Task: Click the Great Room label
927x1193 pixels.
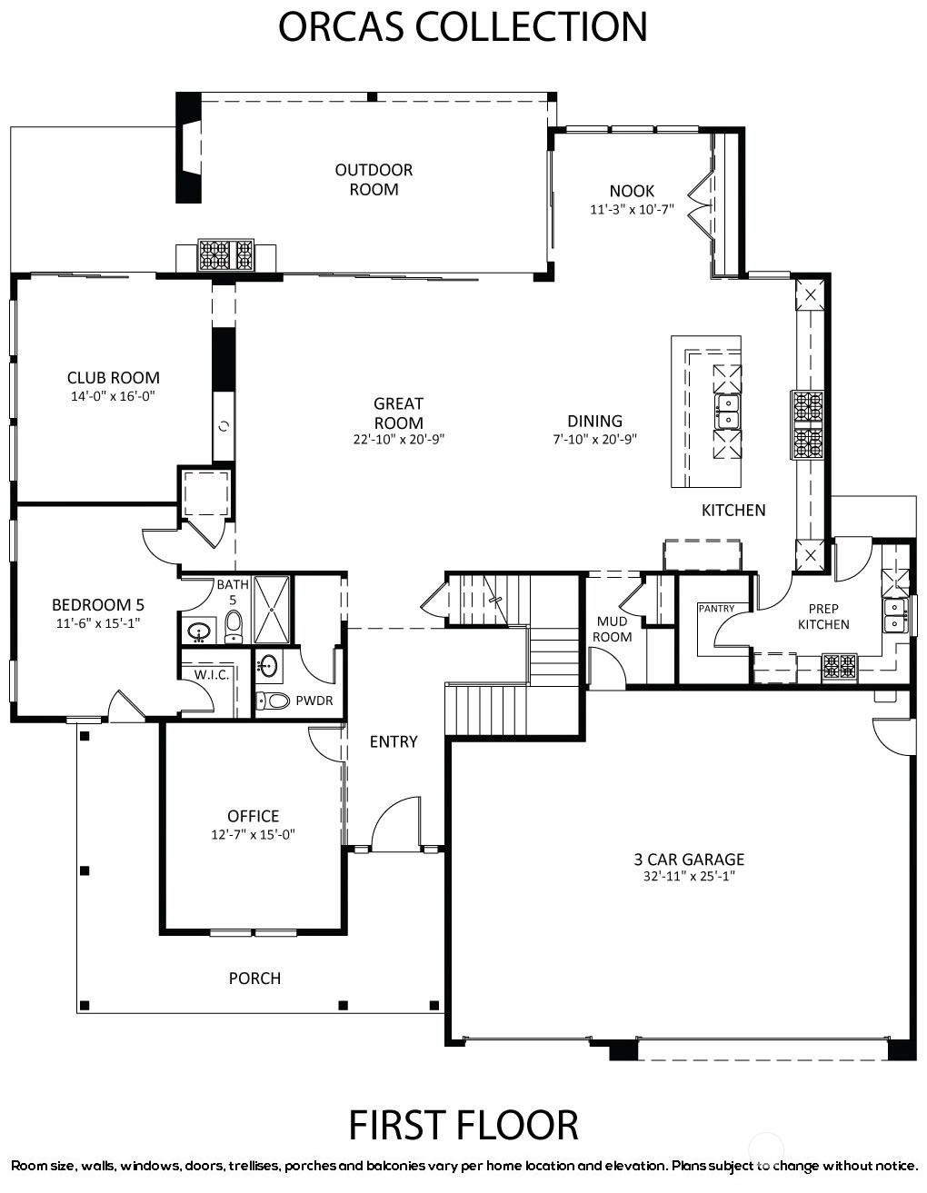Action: (398, 413)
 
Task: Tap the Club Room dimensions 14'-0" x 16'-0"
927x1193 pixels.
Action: (113, 396)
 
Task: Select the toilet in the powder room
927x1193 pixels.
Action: (273, 700)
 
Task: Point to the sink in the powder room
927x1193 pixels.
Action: (268, 666)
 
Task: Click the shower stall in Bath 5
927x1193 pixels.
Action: (271, 610)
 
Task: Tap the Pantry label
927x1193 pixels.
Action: (716, 608)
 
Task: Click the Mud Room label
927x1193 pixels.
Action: (612, 629)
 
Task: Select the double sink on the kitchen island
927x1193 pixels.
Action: (728, 412)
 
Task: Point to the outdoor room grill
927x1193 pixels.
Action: (225, 254)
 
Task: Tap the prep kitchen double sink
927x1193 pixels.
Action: (895, 615)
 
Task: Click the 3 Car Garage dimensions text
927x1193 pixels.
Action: (689, 876)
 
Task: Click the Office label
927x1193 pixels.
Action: (254, 816)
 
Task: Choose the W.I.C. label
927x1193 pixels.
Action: (212, 675)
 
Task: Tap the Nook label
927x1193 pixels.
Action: (632, 191)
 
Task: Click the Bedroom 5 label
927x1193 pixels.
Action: (98, 604)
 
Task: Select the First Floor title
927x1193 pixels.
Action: (463, 1125)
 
